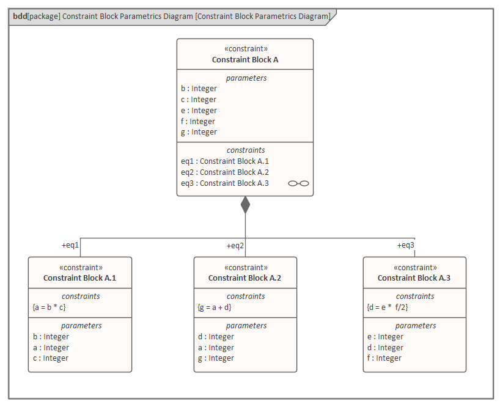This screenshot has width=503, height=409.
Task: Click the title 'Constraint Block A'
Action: [x=245, y=59]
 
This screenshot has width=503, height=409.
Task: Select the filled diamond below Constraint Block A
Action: [x=245, y=205]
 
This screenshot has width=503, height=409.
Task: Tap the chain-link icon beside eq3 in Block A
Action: [x=298, y=183]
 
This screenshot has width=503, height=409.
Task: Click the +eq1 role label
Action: [x=70, y=245]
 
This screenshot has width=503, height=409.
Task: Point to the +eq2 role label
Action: [x=235, y=245]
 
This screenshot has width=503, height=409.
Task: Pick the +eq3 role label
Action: [x=405, y=245]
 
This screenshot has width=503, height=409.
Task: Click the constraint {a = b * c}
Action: [x=50, y=307]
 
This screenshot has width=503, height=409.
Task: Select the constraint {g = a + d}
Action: [x=215, y=307]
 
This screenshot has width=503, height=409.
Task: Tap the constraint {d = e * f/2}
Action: [x=386, y=307]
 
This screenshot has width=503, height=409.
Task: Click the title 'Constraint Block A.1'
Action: [x=79, y=278]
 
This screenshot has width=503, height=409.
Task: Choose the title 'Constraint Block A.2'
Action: [x=244, y=278]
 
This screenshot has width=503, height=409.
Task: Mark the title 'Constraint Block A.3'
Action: [x=414, y=278]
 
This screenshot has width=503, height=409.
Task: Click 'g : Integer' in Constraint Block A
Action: [x=199, y=132]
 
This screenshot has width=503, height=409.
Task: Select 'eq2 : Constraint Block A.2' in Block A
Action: [x=225, y=172]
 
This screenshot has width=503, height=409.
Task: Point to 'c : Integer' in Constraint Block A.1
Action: [x=51, y=358]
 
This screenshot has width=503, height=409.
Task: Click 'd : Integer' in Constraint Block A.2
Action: [x=216, y=337]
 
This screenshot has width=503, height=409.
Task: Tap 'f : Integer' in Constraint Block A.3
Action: [x=384, y=358]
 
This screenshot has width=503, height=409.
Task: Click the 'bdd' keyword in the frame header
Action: [x=20, y=16]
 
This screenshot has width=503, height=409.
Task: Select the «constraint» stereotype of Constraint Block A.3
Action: [x=414, y=267]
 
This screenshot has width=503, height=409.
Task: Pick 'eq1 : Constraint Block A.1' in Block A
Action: [x=225, y=161]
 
